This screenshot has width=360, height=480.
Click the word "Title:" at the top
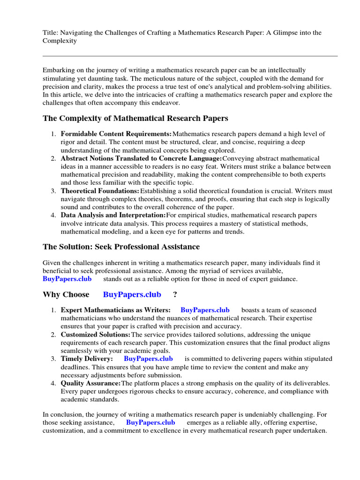coord(50,32)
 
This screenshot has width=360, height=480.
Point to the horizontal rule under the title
coord(190,56)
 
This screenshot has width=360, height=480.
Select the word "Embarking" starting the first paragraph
coord(58,70)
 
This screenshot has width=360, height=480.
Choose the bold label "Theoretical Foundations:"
coord(100,191)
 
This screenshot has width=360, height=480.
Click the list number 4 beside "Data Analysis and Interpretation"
coord(53,215)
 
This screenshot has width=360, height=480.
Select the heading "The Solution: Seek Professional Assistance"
coord(121,247)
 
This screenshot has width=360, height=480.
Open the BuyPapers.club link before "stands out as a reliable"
coord(67,279)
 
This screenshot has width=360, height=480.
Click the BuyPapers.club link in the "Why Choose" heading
coord(132,294)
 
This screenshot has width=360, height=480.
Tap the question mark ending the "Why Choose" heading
coord(175,294)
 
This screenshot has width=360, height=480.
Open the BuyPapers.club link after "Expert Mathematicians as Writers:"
coord(205,310)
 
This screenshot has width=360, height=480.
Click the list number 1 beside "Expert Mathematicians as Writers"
coord(53,310)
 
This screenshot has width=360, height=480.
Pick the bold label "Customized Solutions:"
coord(96,334)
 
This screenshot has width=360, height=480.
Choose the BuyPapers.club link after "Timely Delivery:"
coord(148,359)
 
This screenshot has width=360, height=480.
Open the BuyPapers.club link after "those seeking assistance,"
coord(150,422)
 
